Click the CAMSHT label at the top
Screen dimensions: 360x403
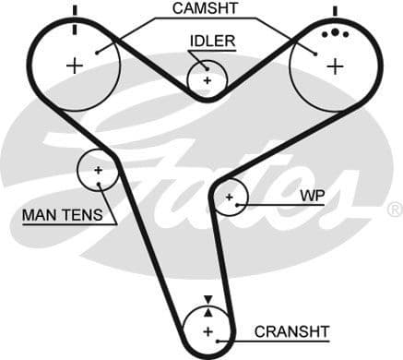pos(205,9)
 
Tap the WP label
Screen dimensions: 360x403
pos(312,197)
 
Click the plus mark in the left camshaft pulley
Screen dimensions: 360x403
pos(74,66)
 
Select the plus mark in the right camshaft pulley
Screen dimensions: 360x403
pos(334,66)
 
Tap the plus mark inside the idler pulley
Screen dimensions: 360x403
pos(207,80)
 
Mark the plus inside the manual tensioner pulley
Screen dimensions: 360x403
pos(98,170)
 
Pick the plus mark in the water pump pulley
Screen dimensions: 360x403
pos(229,197)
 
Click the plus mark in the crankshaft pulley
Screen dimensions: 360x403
pos(207,330)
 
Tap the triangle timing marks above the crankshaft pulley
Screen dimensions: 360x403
pos(207,304)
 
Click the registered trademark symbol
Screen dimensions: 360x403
pos(395,210)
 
